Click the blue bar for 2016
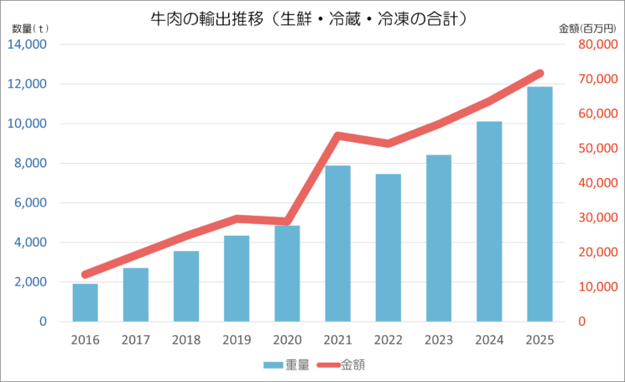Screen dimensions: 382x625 pos(85,303)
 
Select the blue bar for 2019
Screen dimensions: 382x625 pos(237,279)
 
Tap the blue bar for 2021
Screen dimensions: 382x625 pos(337,243)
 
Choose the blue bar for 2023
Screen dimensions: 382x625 pos(439,238)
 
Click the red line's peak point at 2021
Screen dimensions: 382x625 pos(337,136)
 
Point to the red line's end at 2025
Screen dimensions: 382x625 pos(539,74)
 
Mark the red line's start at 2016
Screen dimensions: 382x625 pos(85,275)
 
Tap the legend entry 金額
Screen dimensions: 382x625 pos(342,364)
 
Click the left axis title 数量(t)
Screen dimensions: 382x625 pos(30,28)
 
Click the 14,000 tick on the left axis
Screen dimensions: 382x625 pos(28,44)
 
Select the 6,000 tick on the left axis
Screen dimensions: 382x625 pos(31,203)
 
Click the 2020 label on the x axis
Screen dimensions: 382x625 pos(287,340)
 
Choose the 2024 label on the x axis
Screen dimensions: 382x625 pos(489,340)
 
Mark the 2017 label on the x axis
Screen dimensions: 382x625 pos(135,340)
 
